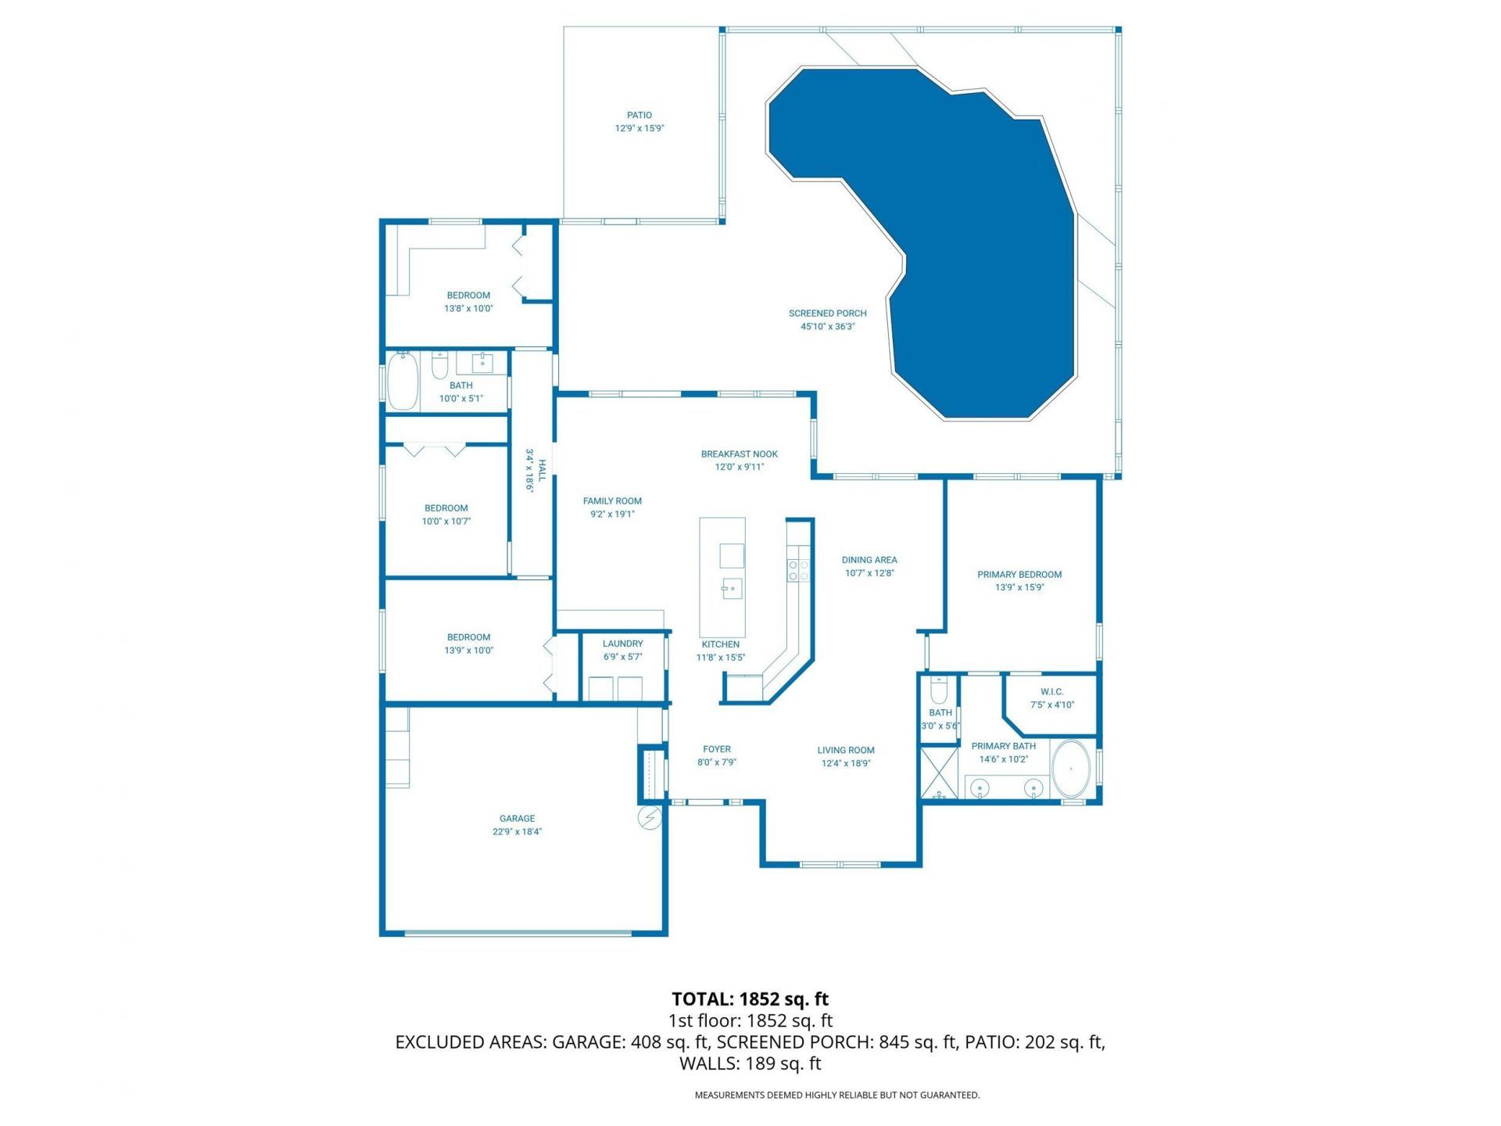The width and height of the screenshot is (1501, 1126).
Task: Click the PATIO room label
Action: point(639,115)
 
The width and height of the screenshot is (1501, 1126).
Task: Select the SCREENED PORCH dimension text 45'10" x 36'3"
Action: point(827,327)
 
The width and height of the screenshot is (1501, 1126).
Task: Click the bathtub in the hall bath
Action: point(403,381)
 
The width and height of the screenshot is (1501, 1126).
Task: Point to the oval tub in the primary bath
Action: point(1070,769)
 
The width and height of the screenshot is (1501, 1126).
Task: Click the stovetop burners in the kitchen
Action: point(798,570)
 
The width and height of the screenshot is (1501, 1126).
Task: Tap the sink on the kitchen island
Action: point(731,589)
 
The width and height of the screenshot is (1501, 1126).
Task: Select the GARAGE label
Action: point(517,819)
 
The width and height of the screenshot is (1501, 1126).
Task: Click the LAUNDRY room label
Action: point(622,644)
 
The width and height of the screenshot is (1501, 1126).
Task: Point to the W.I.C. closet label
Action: point(1051,692)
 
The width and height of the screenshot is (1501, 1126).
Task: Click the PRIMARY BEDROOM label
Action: point(1019,575)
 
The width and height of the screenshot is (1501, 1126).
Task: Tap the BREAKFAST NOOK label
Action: point(739,454)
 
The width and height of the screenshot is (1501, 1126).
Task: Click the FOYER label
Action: point(716,749)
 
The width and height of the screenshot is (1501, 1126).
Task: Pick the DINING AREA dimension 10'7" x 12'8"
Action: point(869,573)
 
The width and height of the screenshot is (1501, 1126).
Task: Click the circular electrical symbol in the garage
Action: point(650,818)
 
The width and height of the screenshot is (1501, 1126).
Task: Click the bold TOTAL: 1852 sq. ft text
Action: point(750,999)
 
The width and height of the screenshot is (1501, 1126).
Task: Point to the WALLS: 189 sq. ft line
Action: point(750,1063)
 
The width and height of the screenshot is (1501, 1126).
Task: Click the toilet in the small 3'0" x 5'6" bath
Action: point(939,690)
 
